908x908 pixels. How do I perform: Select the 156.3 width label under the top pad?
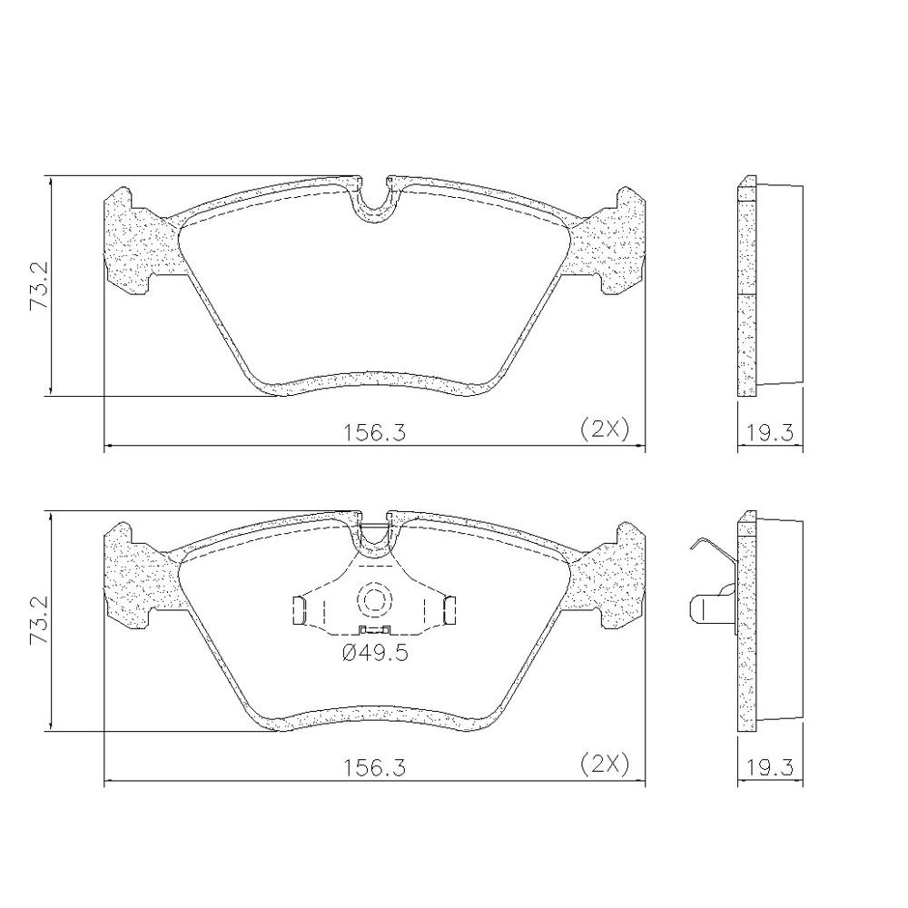374,432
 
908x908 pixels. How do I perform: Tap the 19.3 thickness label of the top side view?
769,433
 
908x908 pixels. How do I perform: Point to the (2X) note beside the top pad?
605,429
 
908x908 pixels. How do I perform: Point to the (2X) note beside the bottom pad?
605,765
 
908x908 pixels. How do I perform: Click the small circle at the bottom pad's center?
374,599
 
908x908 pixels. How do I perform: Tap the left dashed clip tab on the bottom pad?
302,610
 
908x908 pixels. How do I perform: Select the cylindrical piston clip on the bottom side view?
711,608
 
